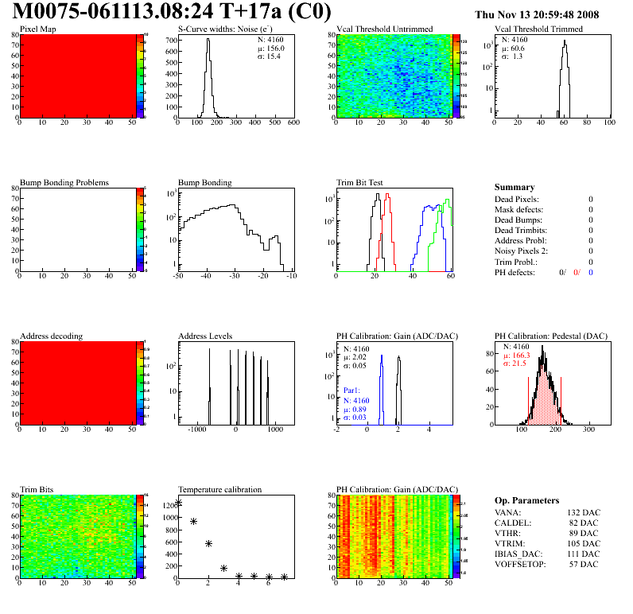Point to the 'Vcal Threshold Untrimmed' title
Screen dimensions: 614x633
tap(384, 29)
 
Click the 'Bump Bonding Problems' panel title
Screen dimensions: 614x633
tap(64, 183)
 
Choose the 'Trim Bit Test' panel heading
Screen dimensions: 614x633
tap(360, 183)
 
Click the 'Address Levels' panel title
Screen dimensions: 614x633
tap(205, 336)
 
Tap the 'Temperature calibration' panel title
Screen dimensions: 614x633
tap(219, 490)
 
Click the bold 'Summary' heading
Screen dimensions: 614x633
tap(515, 188)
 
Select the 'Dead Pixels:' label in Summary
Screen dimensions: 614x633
tap(517, 199)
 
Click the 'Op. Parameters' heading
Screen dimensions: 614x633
tap(526, 501)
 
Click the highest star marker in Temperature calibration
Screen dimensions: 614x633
tap(179, 503)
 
